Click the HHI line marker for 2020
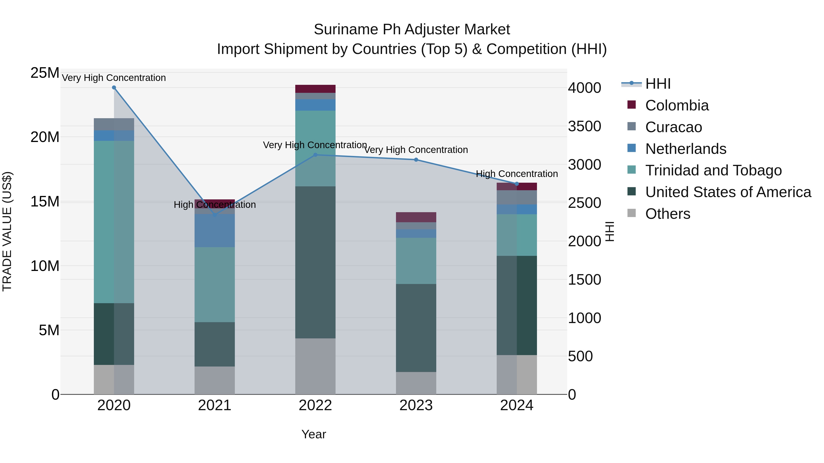[114, 88]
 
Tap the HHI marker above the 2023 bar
[416, 160]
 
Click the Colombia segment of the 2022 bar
[315, 89]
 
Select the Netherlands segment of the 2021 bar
[215, 230]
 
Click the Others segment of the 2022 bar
[315, 366]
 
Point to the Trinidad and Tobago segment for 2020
[114, 222]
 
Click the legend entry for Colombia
[677, 105]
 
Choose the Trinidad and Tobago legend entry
[713, 170]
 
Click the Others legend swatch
[632, 213]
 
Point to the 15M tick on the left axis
[45, 202]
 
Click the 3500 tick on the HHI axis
[584, 126]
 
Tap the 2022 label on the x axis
[315, 405]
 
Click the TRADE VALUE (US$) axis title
[7, 231]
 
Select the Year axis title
[314, 434]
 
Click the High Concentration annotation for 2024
[517, 174]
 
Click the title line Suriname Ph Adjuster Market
[412, 29]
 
